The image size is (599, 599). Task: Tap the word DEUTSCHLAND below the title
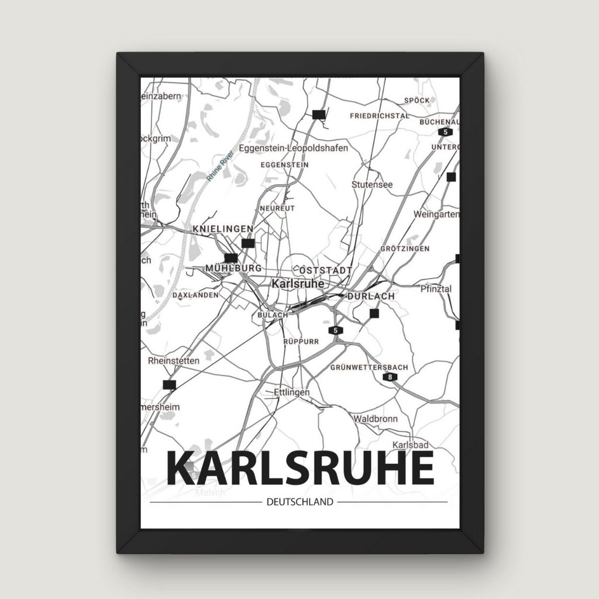(299, 502)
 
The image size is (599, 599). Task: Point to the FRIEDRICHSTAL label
(379, 116)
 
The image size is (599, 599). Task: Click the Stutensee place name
(372, 184)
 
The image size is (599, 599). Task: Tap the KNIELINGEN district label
(223, 228)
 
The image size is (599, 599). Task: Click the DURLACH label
(370, 297)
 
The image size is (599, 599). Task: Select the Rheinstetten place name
(174, 361)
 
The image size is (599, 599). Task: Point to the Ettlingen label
(291, 393)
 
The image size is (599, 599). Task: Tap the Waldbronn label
(375, 419)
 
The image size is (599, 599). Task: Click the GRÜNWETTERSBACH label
(369, 367)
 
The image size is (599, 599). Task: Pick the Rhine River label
(220, 166)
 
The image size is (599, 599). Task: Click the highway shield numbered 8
(390, 378)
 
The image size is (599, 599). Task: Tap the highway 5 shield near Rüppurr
(335, 331)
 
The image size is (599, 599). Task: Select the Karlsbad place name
(407, 445)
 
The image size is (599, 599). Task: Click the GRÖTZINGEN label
(404, 249)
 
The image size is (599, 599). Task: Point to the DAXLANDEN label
(195, 296)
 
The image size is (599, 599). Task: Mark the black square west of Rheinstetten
(170, 384)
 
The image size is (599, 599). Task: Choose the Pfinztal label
(436, 288)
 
